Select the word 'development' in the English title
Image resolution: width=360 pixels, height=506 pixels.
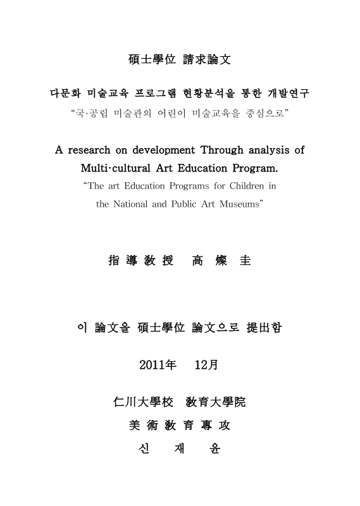pyautogui.click(x=162, y=151)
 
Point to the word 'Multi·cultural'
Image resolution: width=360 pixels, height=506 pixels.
pyautogui.click(x=115, y=169)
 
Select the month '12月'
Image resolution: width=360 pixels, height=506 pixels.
pyautogui.click(x=206, y=365)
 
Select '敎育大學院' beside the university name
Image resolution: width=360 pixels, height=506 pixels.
pyautogui.click(x=216, y=402)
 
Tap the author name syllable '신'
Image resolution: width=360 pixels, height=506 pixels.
pyautogui.click(x=143, y=450)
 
